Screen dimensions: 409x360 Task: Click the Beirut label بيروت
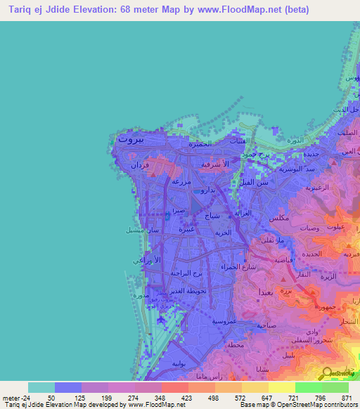click(x=131, y=140)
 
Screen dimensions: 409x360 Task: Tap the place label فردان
click(x=139, y=166)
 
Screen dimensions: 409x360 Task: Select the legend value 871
click(x=345, y=398)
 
